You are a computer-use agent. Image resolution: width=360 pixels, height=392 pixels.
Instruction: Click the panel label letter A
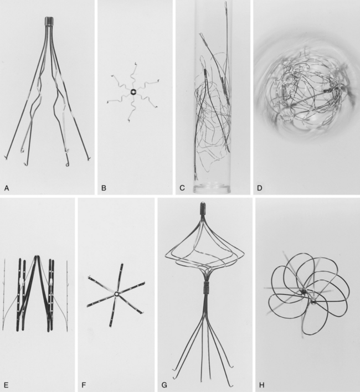click(7, 188)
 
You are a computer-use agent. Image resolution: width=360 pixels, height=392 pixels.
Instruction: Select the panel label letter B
click(104, 188)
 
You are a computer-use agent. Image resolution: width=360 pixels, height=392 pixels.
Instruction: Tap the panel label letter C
click(182, 188)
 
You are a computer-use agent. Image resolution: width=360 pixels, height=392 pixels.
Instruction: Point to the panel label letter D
click(260, 188)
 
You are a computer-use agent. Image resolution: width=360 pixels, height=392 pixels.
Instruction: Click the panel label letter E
click(6, 385)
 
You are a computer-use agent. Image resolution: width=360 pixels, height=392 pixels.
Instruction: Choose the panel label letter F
click(84, 385)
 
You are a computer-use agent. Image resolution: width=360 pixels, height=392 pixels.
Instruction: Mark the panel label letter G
click(164, 385)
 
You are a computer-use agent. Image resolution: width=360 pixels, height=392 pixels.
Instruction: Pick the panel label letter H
click(262, 385)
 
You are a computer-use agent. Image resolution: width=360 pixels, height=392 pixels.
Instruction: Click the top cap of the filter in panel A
click(50, 21)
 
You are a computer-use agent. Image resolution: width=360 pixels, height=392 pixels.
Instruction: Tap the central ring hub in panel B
click(133, 92)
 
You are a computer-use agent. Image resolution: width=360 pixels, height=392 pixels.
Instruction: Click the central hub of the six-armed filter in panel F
click(116, 294)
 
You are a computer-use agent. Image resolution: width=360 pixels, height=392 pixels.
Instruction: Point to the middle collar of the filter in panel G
click(207, 287)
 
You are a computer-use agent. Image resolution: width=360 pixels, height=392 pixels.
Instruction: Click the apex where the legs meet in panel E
click(37, 256)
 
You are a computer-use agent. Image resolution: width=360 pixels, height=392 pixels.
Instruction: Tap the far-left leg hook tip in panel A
click(5, 157)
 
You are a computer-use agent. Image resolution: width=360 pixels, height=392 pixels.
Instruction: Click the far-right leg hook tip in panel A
click(88, 158)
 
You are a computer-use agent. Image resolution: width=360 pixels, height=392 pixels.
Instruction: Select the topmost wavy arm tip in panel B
click(136, 63)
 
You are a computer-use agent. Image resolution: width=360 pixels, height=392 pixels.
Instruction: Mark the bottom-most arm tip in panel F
click(110, 326)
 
